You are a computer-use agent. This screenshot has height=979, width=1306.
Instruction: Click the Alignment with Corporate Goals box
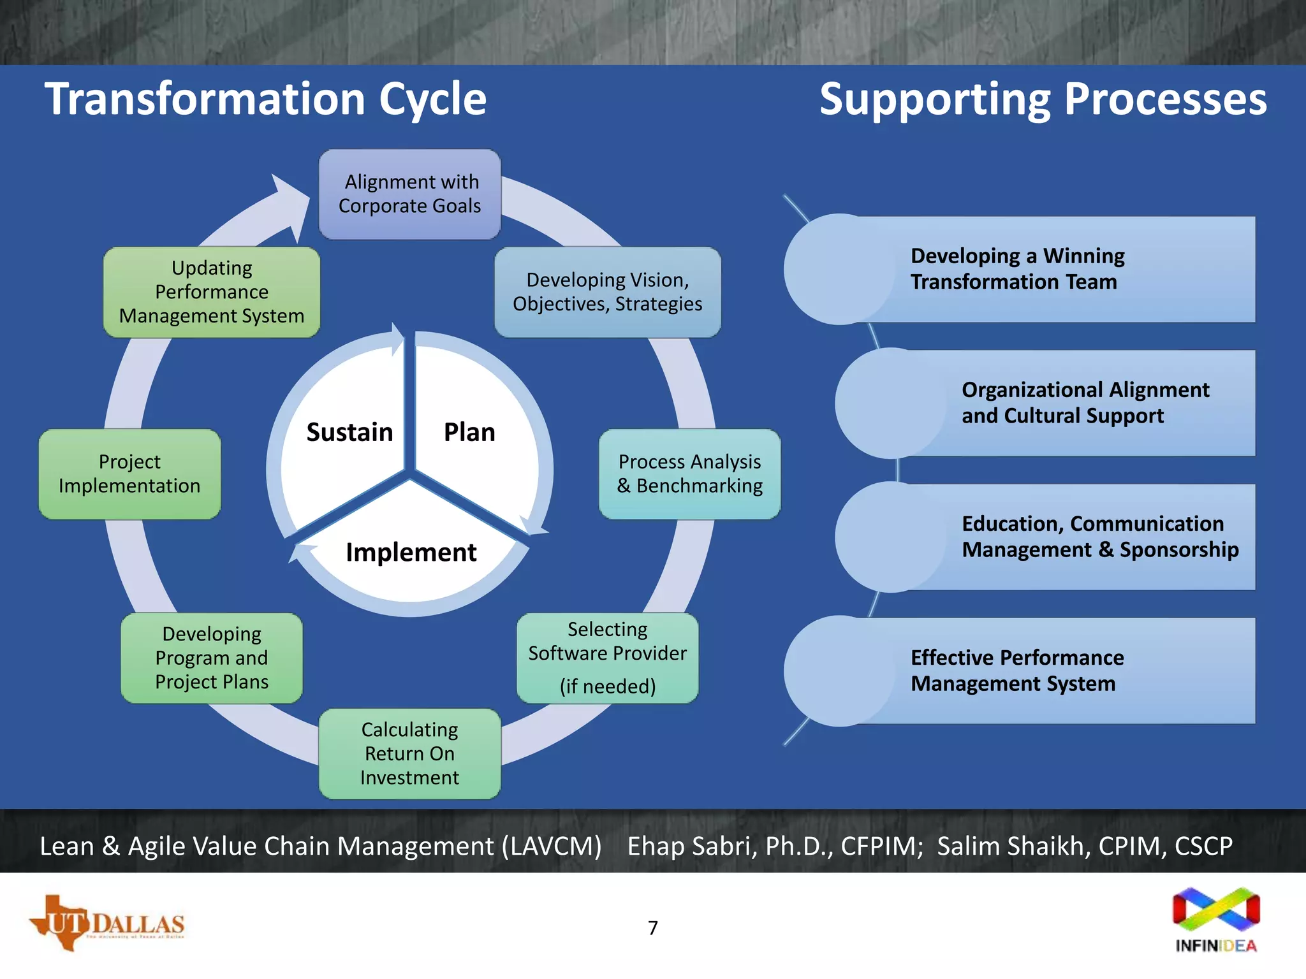409,194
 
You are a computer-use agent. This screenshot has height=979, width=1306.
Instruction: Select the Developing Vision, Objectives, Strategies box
607,292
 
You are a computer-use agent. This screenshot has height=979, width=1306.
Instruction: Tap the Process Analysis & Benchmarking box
689,474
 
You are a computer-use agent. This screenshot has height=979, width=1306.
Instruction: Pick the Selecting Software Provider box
607,658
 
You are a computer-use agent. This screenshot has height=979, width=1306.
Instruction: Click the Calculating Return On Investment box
409,753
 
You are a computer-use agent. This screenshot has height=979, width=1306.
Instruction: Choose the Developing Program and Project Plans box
212,658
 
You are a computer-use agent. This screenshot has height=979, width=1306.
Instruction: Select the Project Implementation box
129,474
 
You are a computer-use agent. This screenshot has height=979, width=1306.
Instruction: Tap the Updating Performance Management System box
212,292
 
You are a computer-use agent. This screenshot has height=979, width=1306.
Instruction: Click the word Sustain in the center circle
349,432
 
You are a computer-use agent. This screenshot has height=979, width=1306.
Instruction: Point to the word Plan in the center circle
469,432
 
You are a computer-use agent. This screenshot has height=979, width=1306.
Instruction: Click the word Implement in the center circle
411,552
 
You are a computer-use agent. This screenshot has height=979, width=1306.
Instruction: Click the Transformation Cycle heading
265,99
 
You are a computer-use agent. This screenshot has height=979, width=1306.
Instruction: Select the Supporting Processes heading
1043,99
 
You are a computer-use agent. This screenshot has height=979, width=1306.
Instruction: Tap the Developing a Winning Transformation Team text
1017,269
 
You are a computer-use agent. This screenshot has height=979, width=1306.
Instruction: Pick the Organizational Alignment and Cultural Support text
1085,403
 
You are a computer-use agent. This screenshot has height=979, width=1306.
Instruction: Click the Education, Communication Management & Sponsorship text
1099,537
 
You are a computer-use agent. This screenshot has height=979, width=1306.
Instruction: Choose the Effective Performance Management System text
1017,671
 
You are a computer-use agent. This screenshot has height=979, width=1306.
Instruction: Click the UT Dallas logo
107,923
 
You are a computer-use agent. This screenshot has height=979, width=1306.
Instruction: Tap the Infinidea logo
1216,919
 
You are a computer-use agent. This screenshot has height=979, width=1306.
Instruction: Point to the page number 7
653,928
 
